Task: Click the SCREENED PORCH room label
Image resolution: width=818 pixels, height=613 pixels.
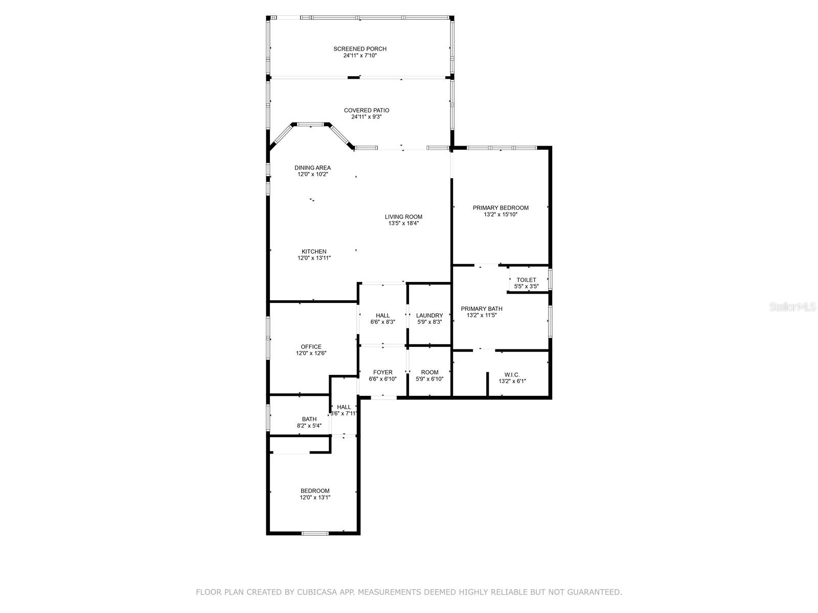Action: [359, 49]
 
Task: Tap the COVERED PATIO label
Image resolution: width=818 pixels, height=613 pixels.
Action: [367, 110]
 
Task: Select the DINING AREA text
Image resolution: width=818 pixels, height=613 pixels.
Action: [312, 168]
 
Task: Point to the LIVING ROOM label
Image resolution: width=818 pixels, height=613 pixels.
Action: [403, 217]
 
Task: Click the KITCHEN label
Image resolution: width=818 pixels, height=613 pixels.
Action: [314, 252]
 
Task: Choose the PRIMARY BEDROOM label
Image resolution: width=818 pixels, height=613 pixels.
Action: [501, 208]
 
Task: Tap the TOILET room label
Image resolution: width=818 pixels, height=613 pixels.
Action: [526, 280]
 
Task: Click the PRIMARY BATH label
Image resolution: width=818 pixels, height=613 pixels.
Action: [482, 309]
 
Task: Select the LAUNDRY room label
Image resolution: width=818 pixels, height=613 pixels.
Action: [429, 315]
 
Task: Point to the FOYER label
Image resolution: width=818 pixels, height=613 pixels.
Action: [383, 372]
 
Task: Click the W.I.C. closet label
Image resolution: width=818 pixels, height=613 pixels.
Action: [512, 375]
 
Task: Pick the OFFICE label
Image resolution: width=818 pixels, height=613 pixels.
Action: [311, 346]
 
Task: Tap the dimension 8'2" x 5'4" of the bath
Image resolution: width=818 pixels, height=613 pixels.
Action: [309, 426]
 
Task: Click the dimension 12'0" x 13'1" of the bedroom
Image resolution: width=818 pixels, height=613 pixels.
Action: [315, 497]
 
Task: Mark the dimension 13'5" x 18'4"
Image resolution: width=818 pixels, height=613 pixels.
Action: [403, 223]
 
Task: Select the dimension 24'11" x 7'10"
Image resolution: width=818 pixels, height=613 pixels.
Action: [359, 56]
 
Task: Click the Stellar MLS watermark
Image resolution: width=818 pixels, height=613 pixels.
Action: [792, 306]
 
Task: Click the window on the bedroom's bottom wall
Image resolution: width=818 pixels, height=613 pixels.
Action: [315, 533]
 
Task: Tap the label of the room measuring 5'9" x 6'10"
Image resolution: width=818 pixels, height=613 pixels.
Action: [429, 372]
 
